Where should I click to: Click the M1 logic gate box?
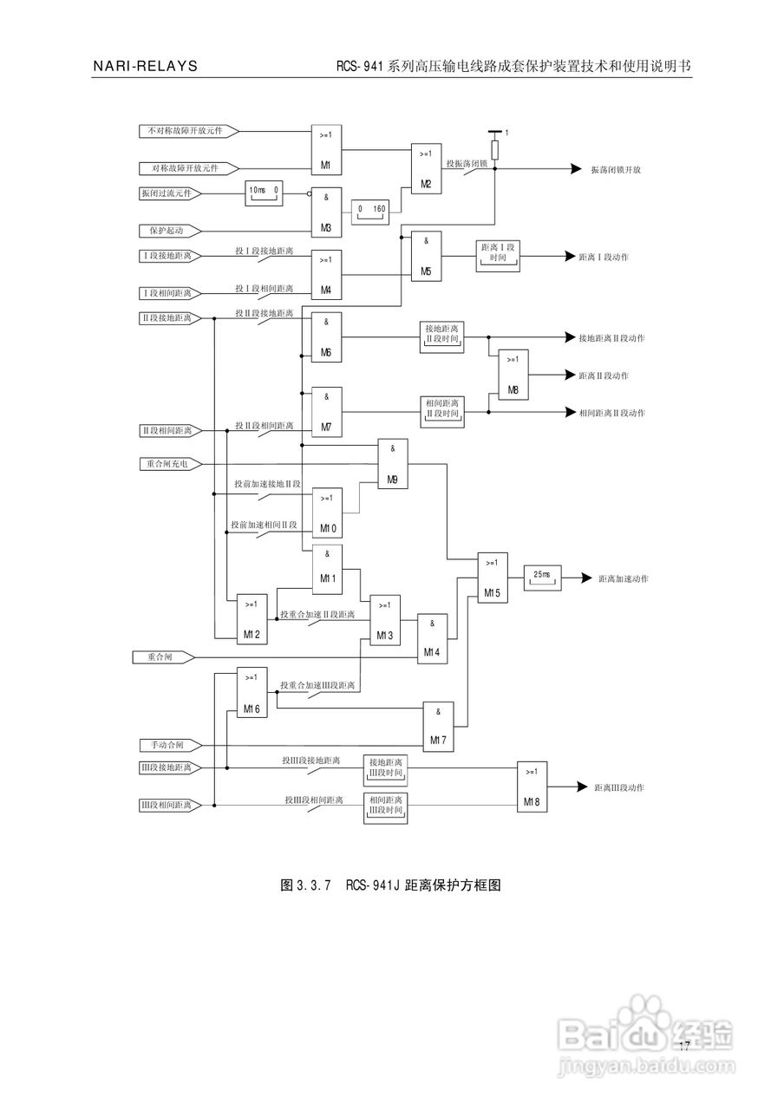point(327,149)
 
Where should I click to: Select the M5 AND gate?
point(426,256)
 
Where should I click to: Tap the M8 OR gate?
point(513,375)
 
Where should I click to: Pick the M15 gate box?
point(492,577)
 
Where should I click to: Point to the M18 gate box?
point(532,787)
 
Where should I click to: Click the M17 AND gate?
point(438,726)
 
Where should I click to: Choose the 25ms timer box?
point(542,577)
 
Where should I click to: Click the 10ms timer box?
point(264,193)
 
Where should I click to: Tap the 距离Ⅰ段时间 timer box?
point(498,257)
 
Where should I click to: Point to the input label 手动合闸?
point(161,745)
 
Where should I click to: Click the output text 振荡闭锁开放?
point(617,170)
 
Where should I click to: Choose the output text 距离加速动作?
point(623,578)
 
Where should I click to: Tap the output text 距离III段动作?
point(619,787)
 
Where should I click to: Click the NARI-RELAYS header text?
point(146,67)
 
